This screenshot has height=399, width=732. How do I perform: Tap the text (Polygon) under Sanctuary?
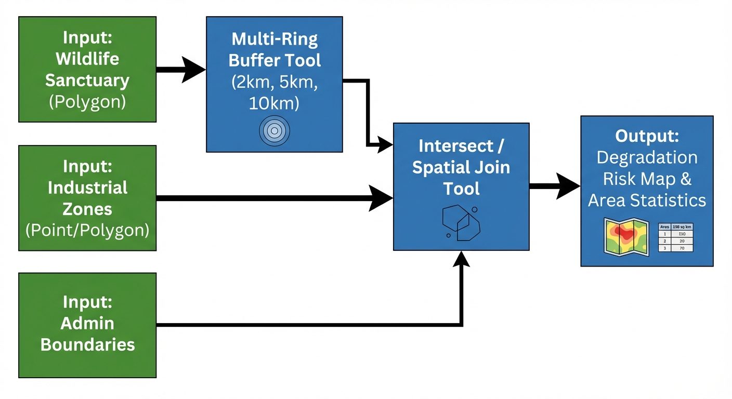87,102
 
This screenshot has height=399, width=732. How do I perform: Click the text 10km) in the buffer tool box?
274,103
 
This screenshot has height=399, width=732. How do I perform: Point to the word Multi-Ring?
274,38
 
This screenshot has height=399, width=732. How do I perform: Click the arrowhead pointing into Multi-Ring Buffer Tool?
194,70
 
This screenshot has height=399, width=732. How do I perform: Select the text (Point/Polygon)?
87,230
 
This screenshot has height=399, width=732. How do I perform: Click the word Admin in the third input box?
87,323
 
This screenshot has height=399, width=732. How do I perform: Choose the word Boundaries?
87,344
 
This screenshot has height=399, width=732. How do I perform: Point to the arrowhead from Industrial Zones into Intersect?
381,198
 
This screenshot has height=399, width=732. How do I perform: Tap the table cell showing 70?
682,249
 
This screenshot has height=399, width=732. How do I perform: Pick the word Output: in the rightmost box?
647,136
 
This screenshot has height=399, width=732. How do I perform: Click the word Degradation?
647,157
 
